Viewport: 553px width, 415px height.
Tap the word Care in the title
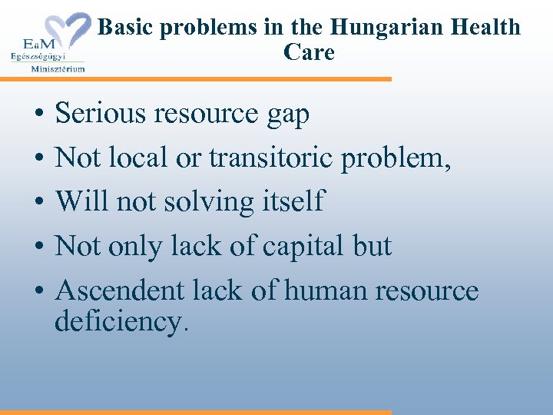pos(309,53)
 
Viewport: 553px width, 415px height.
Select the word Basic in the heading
pos(127,28)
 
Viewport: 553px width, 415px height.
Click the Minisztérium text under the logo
pos(58,68)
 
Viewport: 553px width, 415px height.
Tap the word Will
pos(82,201)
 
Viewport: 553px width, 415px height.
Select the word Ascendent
pos(121,290)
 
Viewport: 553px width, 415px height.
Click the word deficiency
pos(121,321)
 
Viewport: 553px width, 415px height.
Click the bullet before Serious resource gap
pos(38,115)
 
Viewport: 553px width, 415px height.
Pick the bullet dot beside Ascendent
pos(38,292)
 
